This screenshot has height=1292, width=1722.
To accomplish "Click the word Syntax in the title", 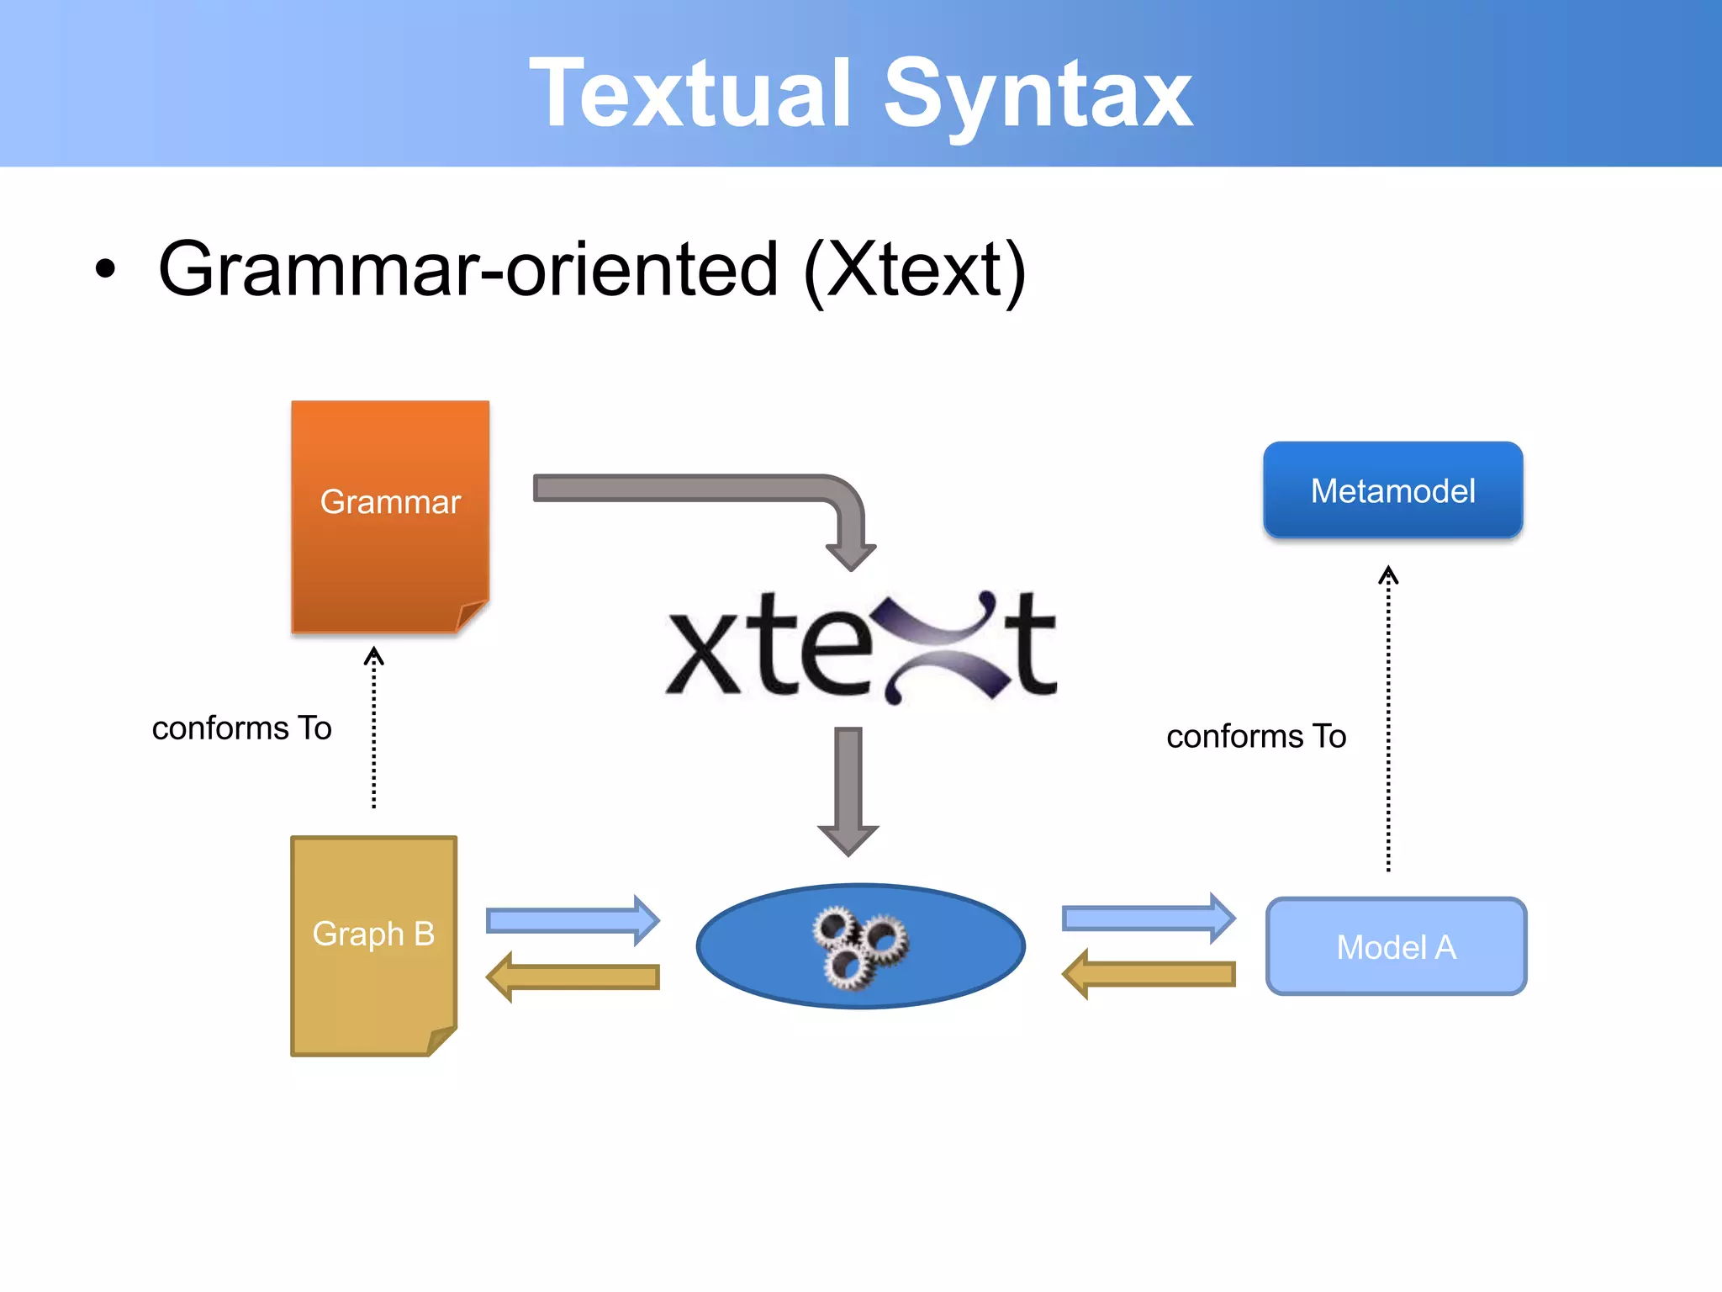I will tap(1038, 94).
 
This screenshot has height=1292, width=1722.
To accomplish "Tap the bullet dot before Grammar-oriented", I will tap(105, 270).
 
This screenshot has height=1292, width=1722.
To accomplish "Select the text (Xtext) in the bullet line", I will tap(915, 270).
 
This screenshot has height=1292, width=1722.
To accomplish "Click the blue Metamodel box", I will tap(1392, 490).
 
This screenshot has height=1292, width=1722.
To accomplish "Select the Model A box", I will tap(1396, 947).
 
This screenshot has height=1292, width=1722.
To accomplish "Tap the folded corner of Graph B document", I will tap(442, 1040).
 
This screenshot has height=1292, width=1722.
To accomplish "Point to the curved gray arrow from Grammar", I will tap(698, 488).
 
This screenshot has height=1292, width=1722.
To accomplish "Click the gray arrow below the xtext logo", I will tap(848, 791).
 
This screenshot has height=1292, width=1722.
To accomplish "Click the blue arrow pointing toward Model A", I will tap(1149, 918).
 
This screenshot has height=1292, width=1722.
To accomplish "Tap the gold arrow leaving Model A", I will tap(1149, 974).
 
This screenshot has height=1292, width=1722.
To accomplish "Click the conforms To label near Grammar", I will tap(242, 728).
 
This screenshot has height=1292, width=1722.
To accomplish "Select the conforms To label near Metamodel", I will tap(1256, 737).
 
